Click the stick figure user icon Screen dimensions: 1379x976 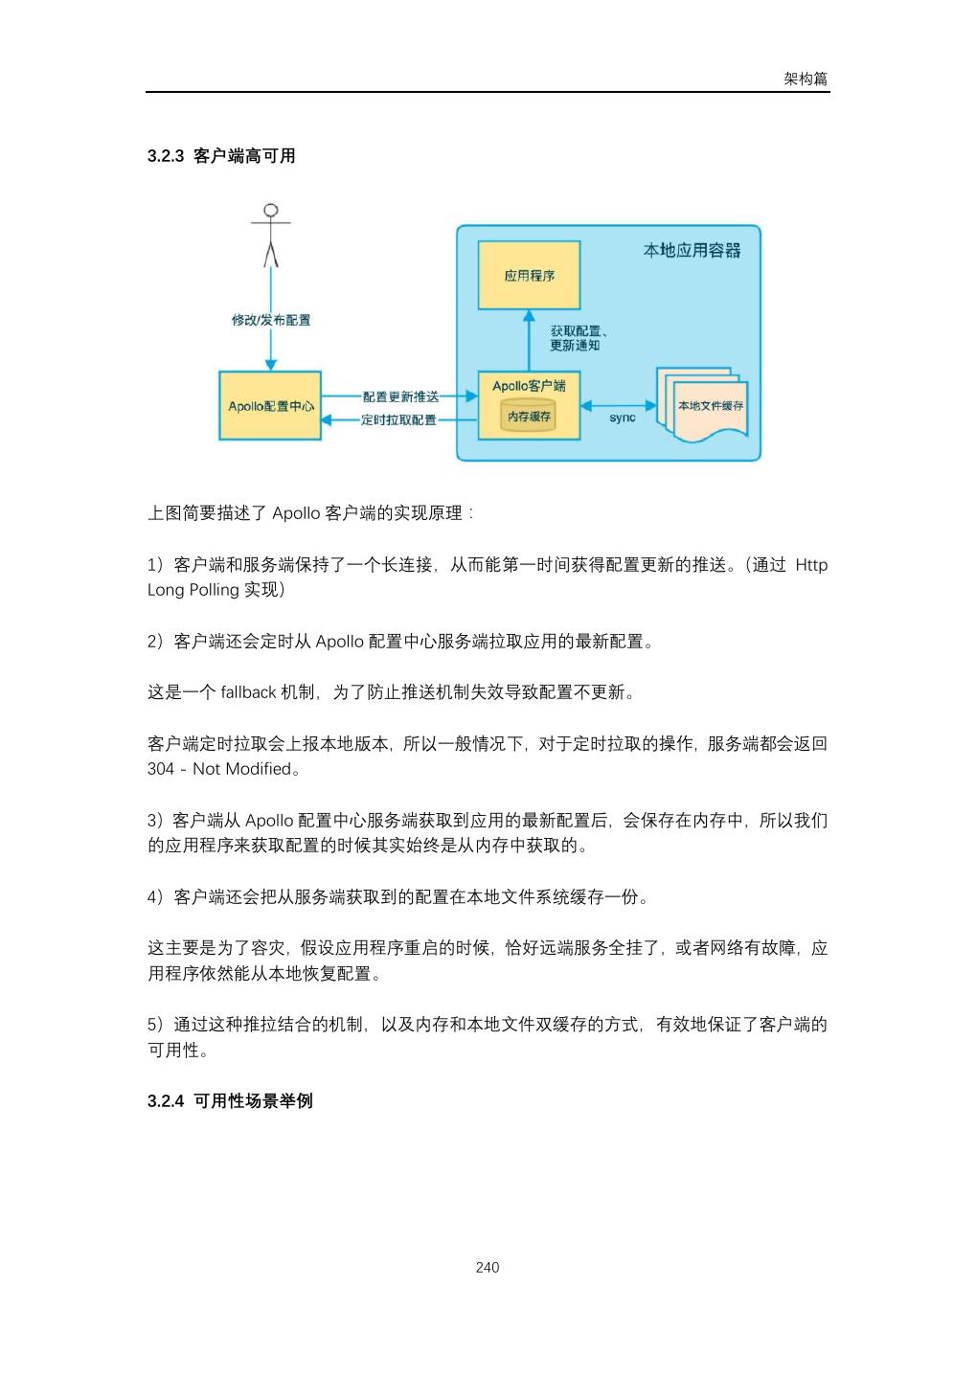click(271, 235)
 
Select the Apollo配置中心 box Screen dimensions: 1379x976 click(270, 406)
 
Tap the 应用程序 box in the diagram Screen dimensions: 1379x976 click(529, 276)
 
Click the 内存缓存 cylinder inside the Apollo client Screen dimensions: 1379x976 click(529, 418)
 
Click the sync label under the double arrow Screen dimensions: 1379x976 click(622, 418)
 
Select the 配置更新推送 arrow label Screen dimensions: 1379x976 click(400, 396)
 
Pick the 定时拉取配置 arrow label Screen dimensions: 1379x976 click(397, 419)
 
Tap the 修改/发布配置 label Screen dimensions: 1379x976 click(271, 320)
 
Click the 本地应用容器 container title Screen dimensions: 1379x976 click(692, 251)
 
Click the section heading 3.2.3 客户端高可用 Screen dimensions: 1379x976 click(221, 156)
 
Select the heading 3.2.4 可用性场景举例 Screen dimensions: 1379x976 click(230, 1101)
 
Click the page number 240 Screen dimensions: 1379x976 click(488, 1268)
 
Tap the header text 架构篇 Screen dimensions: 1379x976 click(806, 79)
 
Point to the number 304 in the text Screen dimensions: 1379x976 click(161, 769)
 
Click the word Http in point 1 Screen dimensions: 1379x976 click(811, 565)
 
